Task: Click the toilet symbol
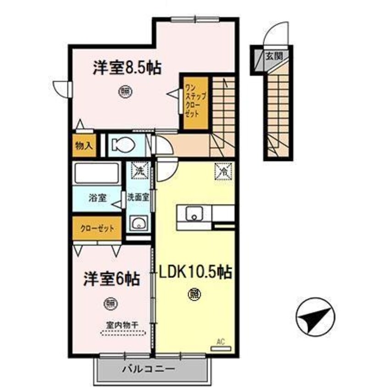(x=123, y=145)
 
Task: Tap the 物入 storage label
(x=84, y=146)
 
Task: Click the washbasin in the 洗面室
(x=138, y=223)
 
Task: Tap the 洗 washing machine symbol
(x=138, y=170)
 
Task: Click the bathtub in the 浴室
(x=96, y=173)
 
